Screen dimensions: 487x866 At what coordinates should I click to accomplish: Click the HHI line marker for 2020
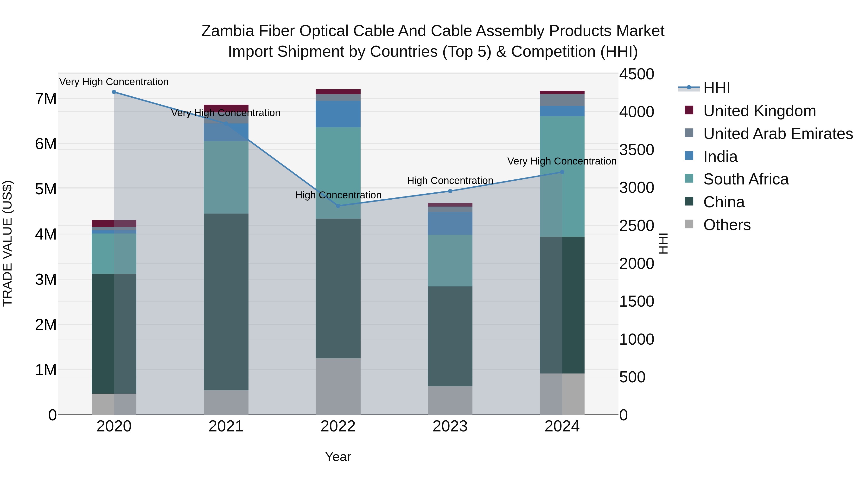[114, 92]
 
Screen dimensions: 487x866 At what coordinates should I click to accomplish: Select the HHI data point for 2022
[338, 206]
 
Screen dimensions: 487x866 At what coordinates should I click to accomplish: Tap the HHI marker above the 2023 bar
[450, 191]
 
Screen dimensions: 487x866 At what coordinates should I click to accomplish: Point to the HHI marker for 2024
[562, 172]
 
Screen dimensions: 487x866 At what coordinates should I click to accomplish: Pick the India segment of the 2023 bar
[450, 223]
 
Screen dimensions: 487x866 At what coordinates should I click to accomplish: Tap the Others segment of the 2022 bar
[338, 386]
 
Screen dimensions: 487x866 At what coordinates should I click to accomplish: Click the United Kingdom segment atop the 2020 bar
[114, 223]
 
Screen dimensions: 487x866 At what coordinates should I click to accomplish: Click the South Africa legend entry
[746, 179]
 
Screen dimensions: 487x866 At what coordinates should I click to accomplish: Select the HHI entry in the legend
[716, 88]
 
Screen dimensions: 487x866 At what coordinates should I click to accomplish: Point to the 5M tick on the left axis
[46, 189]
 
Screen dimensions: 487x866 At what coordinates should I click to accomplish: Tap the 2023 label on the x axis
[450, 426]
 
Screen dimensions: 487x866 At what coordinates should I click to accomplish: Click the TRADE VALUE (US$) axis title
[8, 243]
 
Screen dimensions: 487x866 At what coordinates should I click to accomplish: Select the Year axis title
[338, 457]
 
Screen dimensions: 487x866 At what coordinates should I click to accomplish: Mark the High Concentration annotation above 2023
[450, 180]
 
